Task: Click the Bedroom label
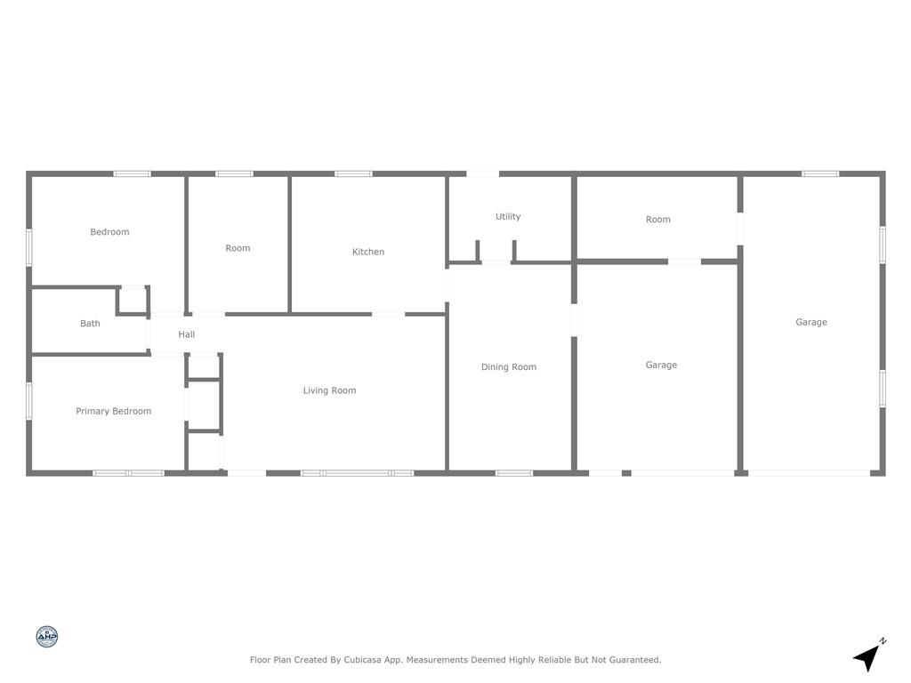pos(109,232)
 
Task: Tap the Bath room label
pos(90,324)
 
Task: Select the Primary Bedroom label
pos(113,411)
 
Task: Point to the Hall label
pos(187,334)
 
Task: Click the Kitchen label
pos(368,252)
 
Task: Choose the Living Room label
pos(329,390)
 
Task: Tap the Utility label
pos(508,217)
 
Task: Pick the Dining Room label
pos(509,367)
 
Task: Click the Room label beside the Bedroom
pos(238,248)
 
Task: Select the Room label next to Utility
pos(658,220)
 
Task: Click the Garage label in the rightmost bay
pos(811,322)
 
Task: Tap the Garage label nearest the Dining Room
pos(661,365)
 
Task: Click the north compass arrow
pos(868,656)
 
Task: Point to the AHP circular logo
pos(47,637)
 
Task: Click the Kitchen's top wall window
pos(353,173)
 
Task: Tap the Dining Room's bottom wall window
pos(514,473)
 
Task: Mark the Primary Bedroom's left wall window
pos(29,400)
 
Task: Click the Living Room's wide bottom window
pos(358,473)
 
